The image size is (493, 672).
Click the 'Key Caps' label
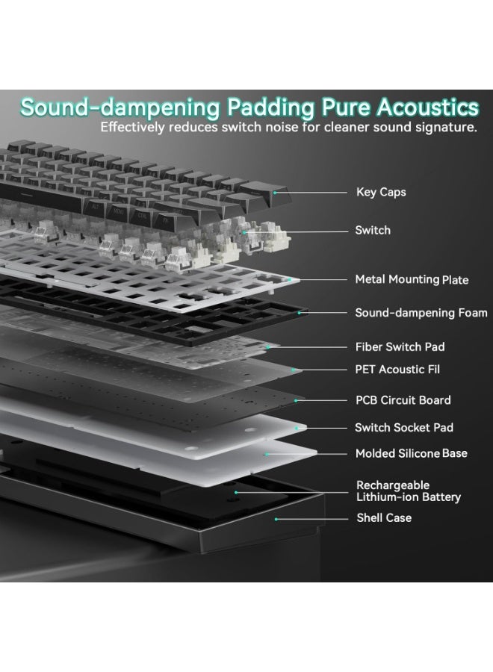coord(381,193)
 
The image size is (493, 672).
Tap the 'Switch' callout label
coord(373,230)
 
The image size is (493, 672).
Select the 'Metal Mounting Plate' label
coord(412,279)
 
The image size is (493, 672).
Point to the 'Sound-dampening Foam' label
coord(421,313)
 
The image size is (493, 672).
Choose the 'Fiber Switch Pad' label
coord(400,346)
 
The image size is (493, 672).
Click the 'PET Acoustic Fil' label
coord(397,369)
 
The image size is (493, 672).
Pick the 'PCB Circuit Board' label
coord(403,400)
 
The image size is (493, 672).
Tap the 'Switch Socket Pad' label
coord(404,427)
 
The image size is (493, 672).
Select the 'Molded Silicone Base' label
coord(411,453)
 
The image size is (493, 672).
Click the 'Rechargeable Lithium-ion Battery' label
coord(408,491)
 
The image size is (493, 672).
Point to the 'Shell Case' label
coord(384,517)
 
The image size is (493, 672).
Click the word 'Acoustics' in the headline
coord(428,107)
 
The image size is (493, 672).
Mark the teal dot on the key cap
coord(275,193)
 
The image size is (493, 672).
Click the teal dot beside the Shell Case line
coord(276,519)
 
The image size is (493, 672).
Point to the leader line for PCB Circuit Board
coord(321,400)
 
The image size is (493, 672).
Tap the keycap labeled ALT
coord(95,208)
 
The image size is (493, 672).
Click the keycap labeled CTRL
coord(143,216)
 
